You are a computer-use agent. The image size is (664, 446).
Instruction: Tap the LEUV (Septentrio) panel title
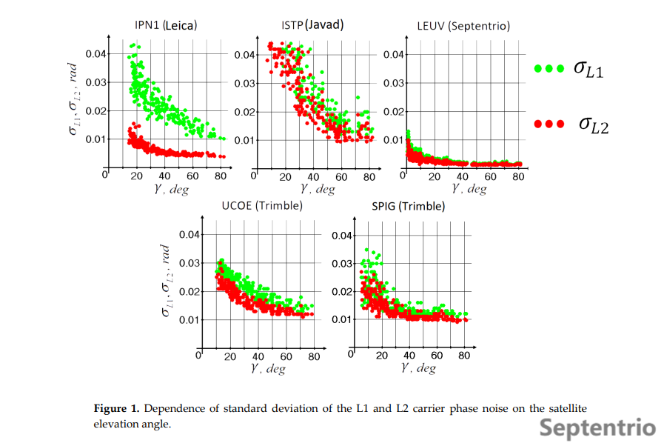(x=463, y=27)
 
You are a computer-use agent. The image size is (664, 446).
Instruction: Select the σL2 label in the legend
(x=593, y=124)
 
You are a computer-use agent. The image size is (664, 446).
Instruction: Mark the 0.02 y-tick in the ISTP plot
(x=244, y=112)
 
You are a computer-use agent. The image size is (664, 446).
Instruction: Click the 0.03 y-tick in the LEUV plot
(x=394, y=82)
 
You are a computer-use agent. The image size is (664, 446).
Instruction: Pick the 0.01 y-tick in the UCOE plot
(x=190, y=320)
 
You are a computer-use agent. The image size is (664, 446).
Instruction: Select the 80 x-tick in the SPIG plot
(x=464, y=356)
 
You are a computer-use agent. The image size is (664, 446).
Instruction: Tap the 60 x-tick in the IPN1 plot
(x=192, y=176)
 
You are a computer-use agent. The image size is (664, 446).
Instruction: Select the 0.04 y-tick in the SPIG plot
(x=341, y=236)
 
